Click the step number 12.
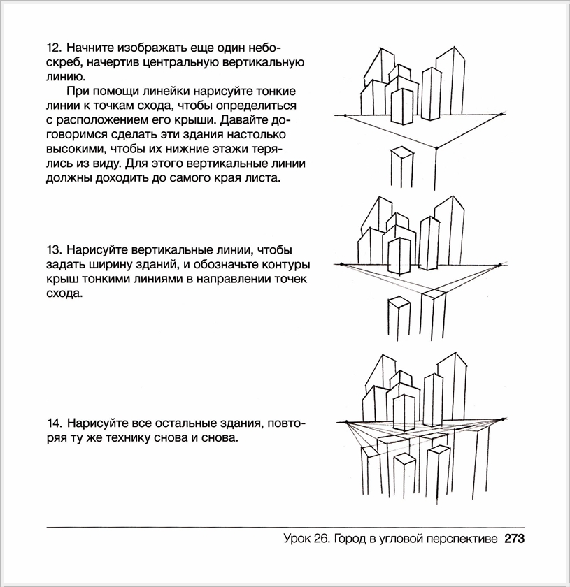[53, 48]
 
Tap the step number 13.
[53, 249]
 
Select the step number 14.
[53, 423]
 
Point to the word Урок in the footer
[299, 539]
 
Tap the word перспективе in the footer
[460, 539]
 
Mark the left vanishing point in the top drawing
[344, 115]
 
